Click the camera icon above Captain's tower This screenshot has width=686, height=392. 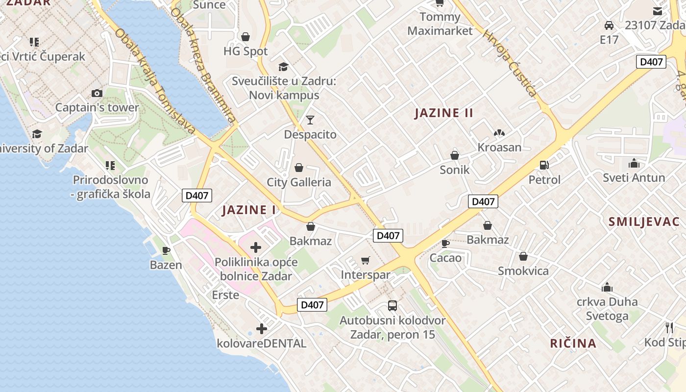click(97, 93)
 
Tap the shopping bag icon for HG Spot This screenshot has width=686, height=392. click(245, 37)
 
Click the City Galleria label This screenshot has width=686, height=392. click(299, 182)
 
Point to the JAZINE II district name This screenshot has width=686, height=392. click(443, 113)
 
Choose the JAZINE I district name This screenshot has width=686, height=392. click(249, 210)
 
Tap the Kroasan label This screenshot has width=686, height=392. click(499, 147)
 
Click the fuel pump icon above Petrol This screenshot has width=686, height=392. click(544, 165)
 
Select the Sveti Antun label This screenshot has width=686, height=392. click(634, 177)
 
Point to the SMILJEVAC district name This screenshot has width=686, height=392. click(644, 222)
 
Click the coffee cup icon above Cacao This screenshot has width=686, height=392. click(445, 243)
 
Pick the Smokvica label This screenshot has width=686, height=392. click(523, 271)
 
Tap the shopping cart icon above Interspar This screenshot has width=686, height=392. click(366, 260)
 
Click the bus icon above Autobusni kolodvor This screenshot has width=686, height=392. click(392, 306)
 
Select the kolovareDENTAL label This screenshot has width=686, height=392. click(261, 343)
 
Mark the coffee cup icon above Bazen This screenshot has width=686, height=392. click(166, 250)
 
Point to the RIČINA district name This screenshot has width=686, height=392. click(573, 343)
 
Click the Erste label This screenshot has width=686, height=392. click(225, 295)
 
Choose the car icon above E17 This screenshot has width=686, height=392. click(609, 25)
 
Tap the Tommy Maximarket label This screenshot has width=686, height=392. click(440, 24)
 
